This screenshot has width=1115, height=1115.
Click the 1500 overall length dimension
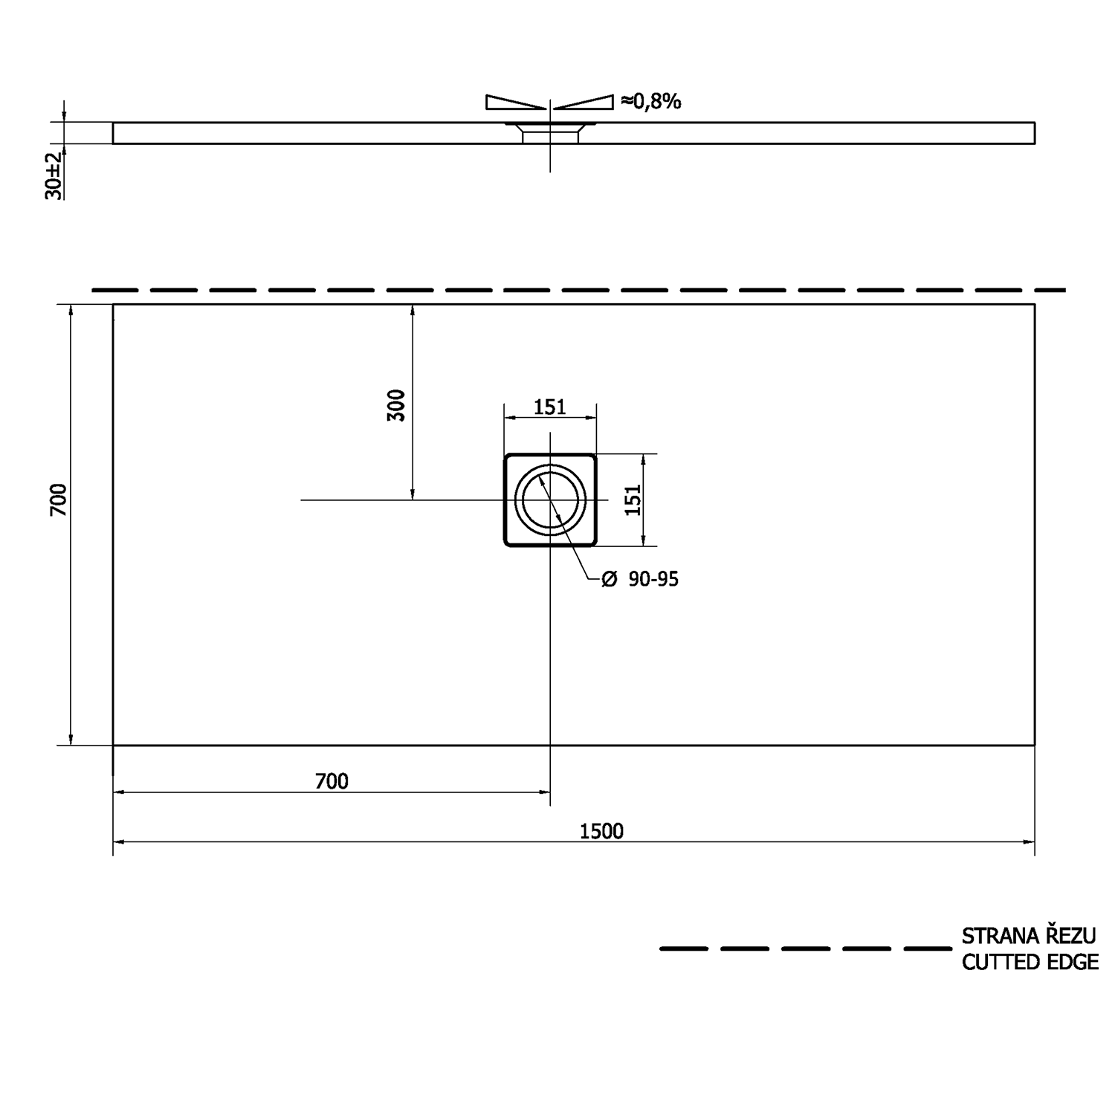coord(601,830)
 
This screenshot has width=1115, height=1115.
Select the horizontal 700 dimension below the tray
coord(332,780)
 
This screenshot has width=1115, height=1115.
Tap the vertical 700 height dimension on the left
coord(58,500)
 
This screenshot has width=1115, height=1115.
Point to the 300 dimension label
coord(397,405)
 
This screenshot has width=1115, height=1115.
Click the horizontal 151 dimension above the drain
coord(550,407)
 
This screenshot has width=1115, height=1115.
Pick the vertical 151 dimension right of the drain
coord(632,500)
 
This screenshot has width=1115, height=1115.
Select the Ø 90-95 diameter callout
coord(640,579)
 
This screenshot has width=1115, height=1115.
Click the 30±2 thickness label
coord(54,176)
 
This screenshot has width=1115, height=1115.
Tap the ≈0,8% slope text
coord(650,101)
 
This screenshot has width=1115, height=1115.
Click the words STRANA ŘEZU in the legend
coord(1029,935)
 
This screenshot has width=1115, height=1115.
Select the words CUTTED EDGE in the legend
coord(1030,962)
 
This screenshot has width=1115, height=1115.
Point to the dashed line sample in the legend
coord(804,948)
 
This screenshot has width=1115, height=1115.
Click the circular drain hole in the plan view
coord(550,500)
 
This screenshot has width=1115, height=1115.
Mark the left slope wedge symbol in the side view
coord(513,103)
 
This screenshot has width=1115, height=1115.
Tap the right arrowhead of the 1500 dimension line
coord(1029,842)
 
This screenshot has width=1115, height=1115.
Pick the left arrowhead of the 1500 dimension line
coord(119,842)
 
